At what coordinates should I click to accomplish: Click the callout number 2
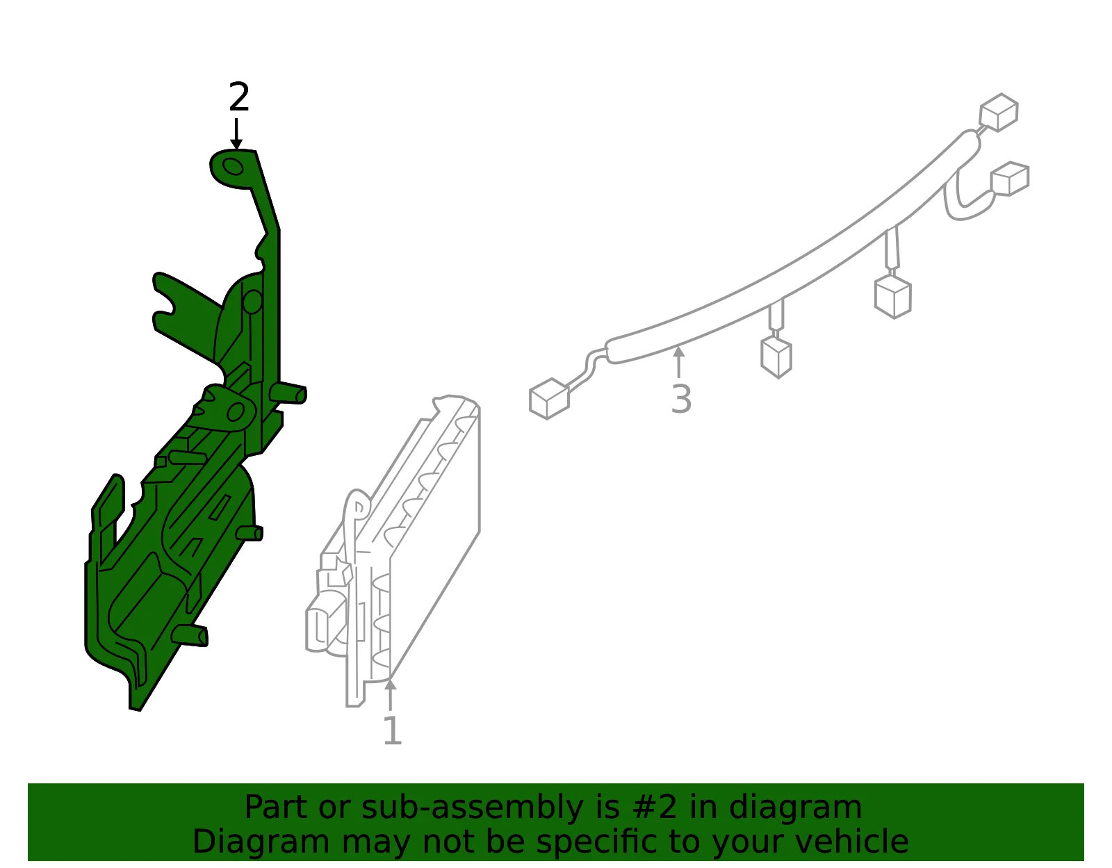click(239, 97)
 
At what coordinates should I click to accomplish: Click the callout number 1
click(393, 730)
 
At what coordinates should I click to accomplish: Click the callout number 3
click(681, 400)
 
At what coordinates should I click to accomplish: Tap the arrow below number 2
click(236, 134)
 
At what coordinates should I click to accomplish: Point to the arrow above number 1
click(390, 694)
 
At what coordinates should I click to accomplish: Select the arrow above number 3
click(678, 362)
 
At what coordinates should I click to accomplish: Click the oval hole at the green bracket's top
click(234, 167)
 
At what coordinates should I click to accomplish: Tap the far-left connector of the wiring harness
click(549, 398)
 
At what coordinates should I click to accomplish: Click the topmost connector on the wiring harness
click(999, 112)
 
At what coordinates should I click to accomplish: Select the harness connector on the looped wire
click(1010, 179)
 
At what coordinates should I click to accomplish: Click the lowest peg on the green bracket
click(190, 635)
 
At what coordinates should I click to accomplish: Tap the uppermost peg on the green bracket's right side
click(288, 393)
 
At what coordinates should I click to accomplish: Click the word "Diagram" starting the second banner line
click(261, 842)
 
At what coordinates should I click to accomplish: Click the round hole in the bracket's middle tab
click(236, 411)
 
